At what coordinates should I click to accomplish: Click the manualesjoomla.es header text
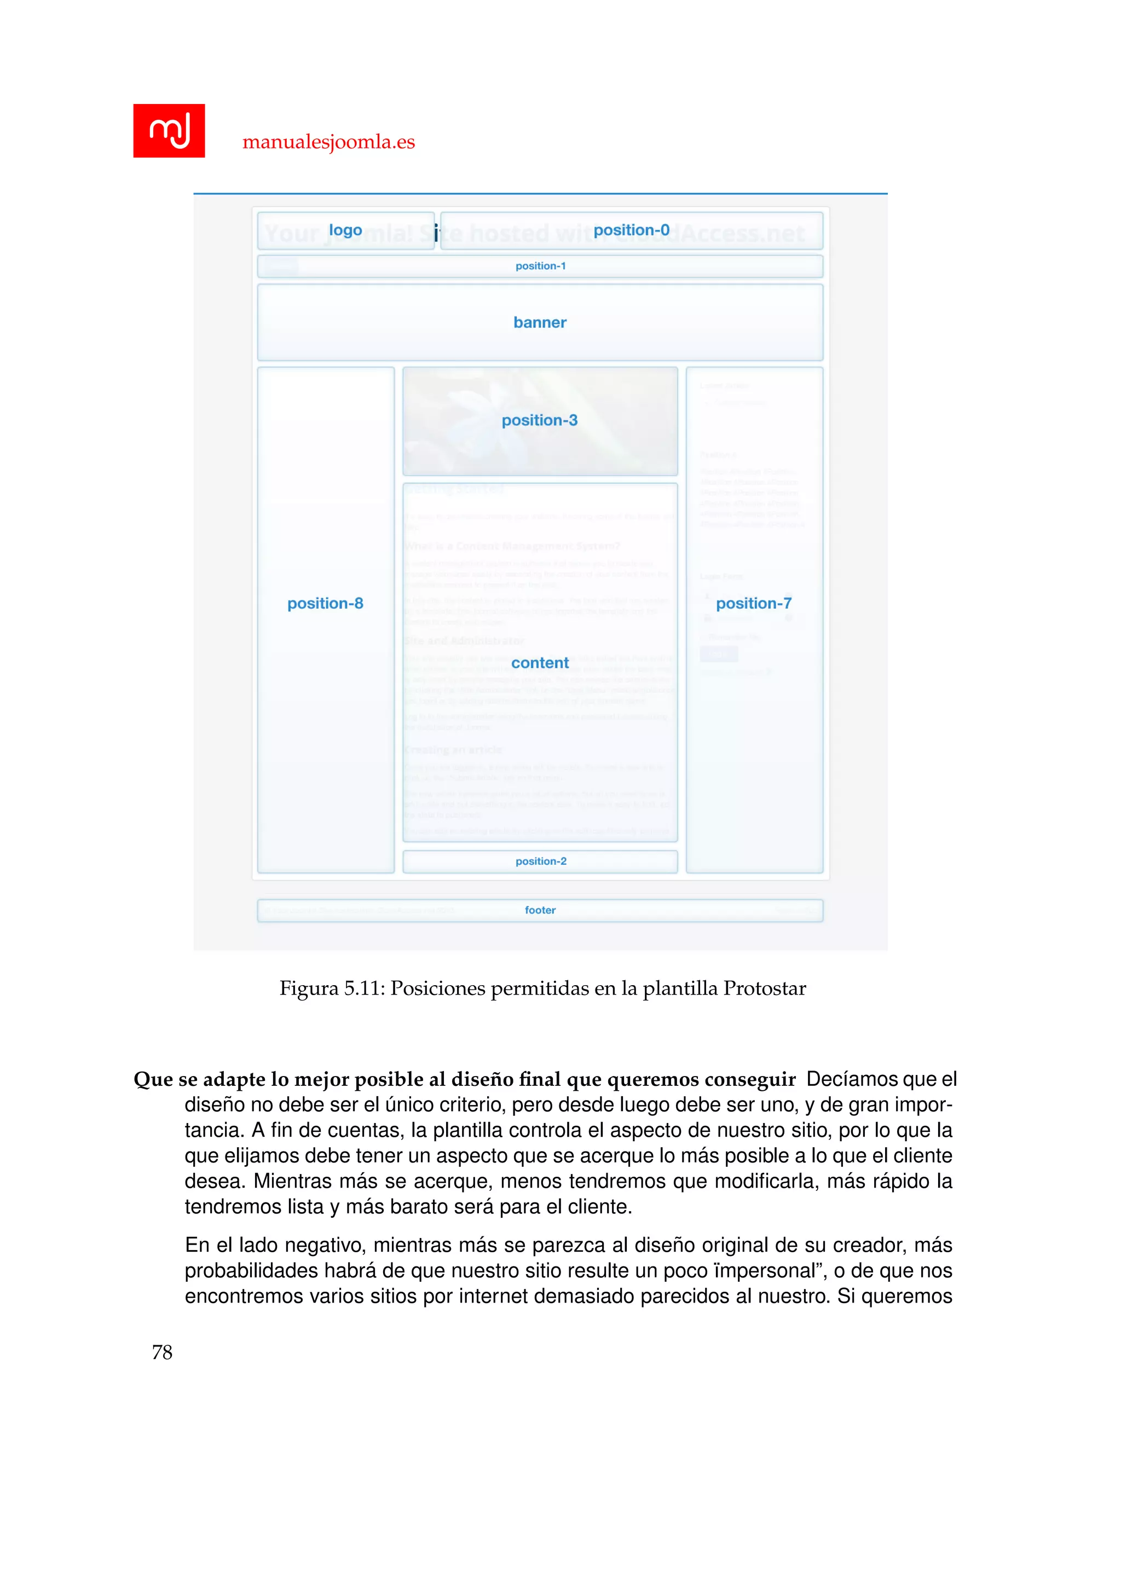[328, 142]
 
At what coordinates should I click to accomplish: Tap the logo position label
[345, 230]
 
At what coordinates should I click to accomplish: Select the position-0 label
[632, 230]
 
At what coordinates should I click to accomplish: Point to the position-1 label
[540, 266]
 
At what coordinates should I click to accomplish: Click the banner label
[540, 322]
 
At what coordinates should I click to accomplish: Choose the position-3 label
[540, 420]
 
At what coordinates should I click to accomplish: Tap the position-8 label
[325, 603]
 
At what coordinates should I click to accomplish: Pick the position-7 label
[754, 603]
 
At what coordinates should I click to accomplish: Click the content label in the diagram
[540, 663]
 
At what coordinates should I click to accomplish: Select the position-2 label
[540, 861]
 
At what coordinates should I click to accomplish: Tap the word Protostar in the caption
[765, 988]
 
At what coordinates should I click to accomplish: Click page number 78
[162, 1352]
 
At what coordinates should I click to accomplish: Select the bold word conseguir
[751, 1080]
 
